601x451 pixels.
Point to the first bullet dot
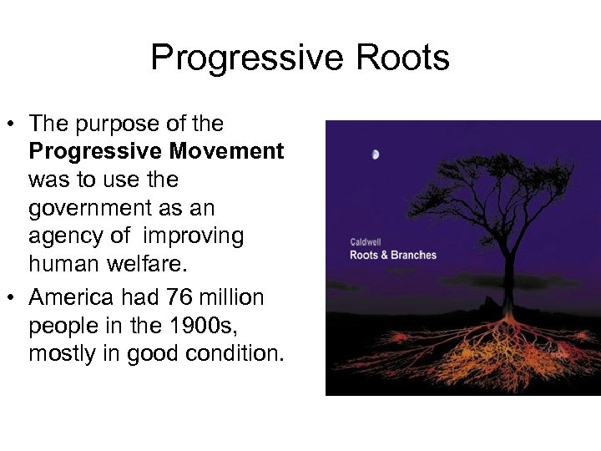click(15, 125)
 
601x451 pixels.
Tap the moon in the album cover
click(376, 154)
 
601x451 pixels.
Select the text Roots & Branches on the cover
click(392, 255)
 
